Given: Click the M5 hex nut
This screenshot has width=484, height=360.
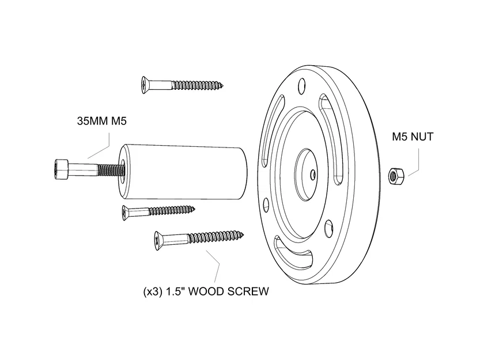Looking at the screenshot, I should (396, 173).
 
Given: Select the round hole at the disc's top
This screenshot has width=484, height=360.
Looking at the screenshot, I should (300, 86).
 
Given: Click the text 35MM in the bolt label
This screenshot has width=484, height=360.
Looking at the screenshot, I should (92, 122).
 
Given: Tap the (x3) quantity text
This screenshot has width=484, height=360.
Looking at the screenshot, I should (152, 291).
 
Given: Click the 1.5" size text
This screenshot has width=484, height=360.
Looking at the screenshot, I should (176, 291).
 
